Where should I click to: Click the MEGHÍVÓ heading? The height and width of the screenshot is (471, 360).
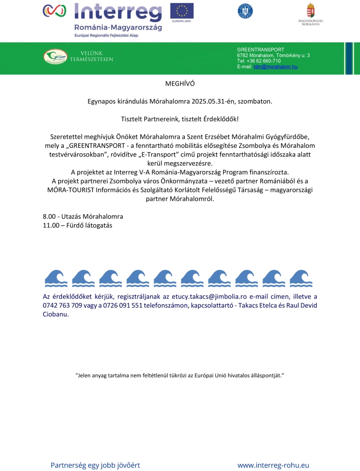[180, 83]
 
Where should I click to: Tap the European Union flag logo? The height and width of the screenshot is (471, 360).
[182, 11]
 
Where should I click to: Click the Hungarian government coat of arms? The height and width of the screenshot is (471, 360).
[311, 11]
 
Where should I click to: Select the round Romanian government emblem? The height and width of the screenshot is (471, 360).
[245, 11]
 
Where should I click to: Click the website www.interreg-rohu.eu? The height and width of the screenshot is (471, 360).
[273, 465]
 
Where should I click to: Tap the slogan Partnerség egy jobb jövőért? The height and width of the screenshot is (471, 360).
[96, 465]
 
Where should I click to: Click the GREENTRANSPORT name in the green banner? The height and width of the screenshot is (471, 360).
[260, 49]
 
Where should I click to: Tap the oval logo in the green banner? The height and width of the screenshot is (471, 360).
[56, 57]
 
